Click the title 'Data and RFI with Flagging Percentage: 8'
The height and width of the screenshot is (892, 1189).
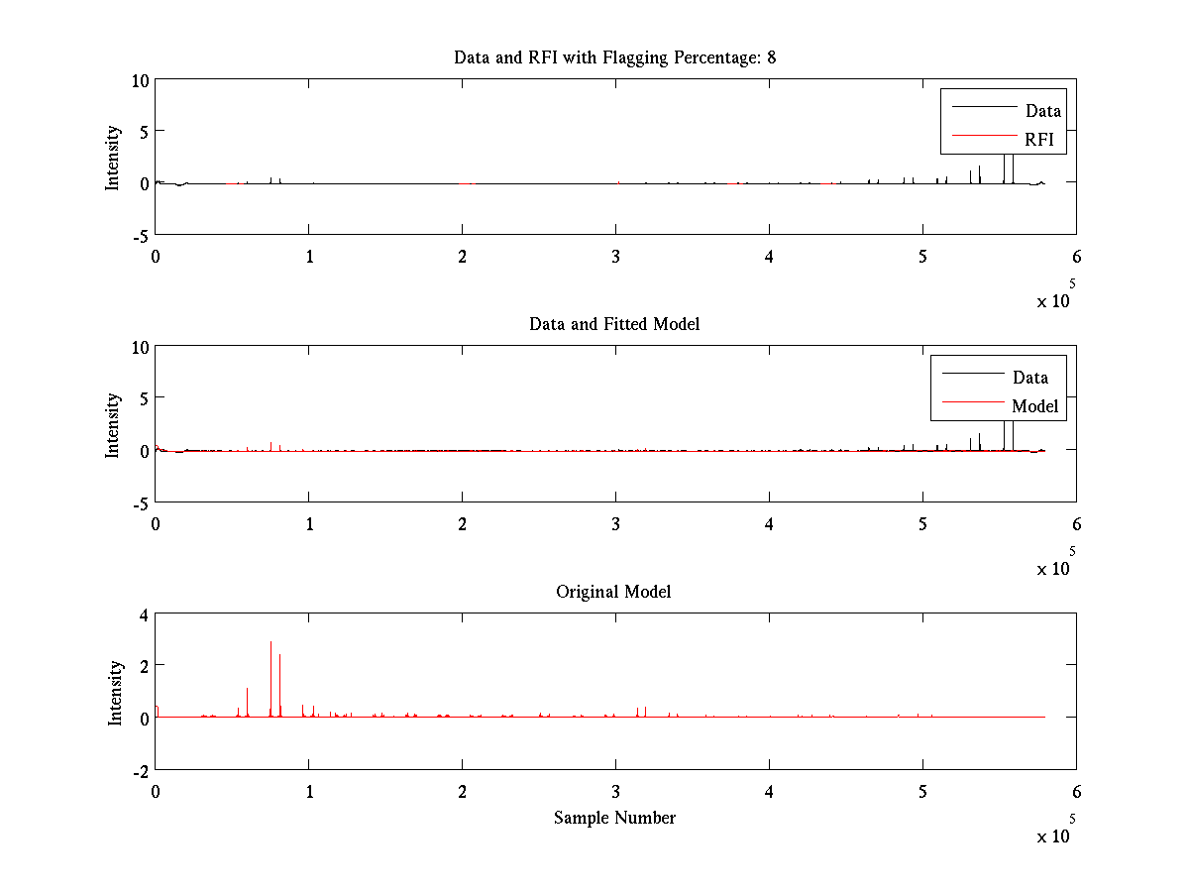(614, 57)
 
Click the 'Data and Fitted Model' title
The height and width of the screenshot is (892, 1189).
(614, 324)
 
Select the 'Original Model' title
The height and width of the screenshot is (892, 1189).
(613, 592)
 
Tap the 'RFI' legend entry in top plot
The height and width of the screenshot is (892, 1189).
(1039, 140)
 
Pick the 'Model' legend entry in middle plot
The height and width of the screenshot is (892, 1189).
(1034, 405)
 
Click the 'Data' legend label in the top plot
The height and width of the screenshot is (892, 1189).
(1042, 111)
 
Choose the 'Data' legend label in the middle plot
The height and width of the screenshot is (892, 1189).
(1029, 377)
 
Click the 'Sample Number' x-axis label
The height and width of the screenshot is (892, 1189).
(614, 818)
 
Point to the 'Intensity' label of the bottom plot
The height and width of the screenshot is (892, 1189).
(116, 692)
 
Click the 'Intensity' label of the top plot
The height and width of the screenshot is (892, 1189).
(113, 157)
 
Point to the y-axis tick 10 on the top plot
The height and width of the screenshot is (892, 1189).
(140, 80)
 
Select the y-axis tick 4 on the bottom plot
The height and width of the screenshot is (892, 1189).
(144, 613)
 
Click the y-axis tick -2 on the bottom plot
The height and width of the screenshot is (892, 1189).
(140, 770)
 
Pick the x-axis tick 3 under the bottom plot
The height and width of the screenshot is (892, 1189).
(615, 792)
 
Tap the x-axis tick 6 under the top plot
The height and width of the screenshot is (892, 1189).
(1076, 257)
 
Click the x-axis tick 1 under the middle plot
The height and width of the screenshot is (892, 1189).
(309, 524)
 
